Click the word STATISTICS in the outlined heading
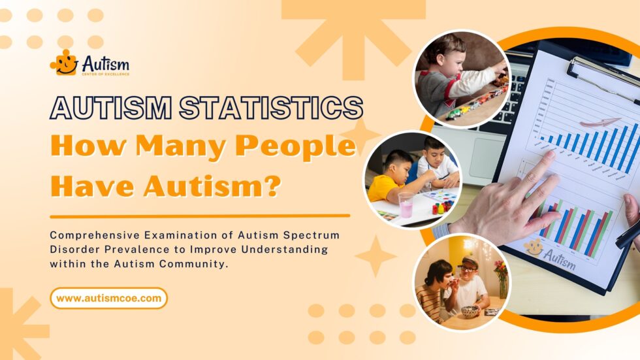pos(271,108)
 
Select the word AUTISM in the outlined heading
pos(110,108)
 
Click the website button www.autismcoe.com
pos(108,298)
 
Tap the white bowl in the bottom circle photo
pos(470,311)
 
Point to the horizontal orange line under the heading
pos(200,216)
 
